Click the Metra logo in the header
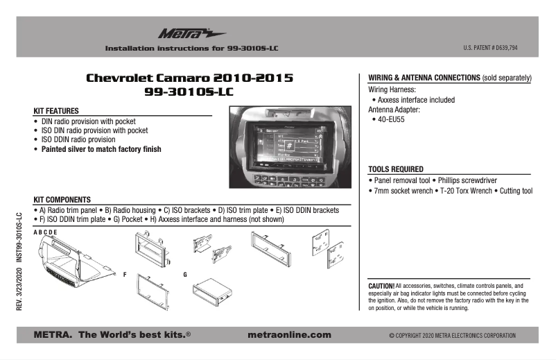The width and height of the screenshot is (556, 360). (x=182, y=33)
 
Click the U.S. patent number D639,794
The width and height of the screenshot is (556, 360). (x=490, y=48)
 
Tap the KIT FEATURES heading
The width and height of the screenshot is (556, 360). (x=56, y=111)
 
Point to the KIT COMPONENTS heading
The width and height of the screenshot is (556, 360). (x=63, y=200)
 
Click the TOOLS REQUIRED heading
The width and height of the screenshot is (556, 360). (x=395, y=169)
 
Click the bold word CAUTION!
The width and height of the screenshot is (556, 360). (x=381, y=286)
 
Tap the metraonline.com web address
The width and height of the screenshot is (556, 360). (x=289, y=334)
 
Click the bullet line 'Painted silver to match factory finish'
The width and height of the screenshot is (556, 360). (x=101, y=149)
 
